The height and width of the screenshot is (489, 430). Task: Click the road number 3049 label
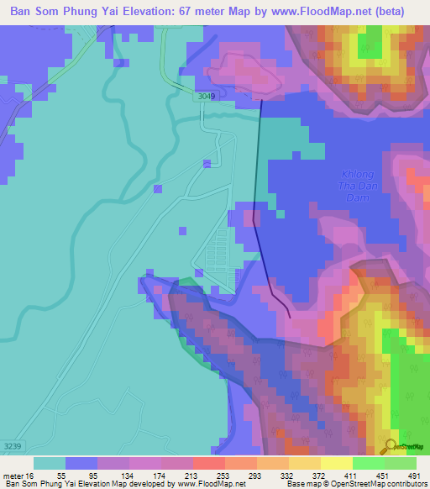point(207,97)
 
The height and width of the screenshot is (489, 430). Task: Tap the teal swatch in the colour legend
point(50,463)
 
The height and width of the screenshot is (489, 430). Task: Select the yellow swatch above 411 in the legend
point(335,463)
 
